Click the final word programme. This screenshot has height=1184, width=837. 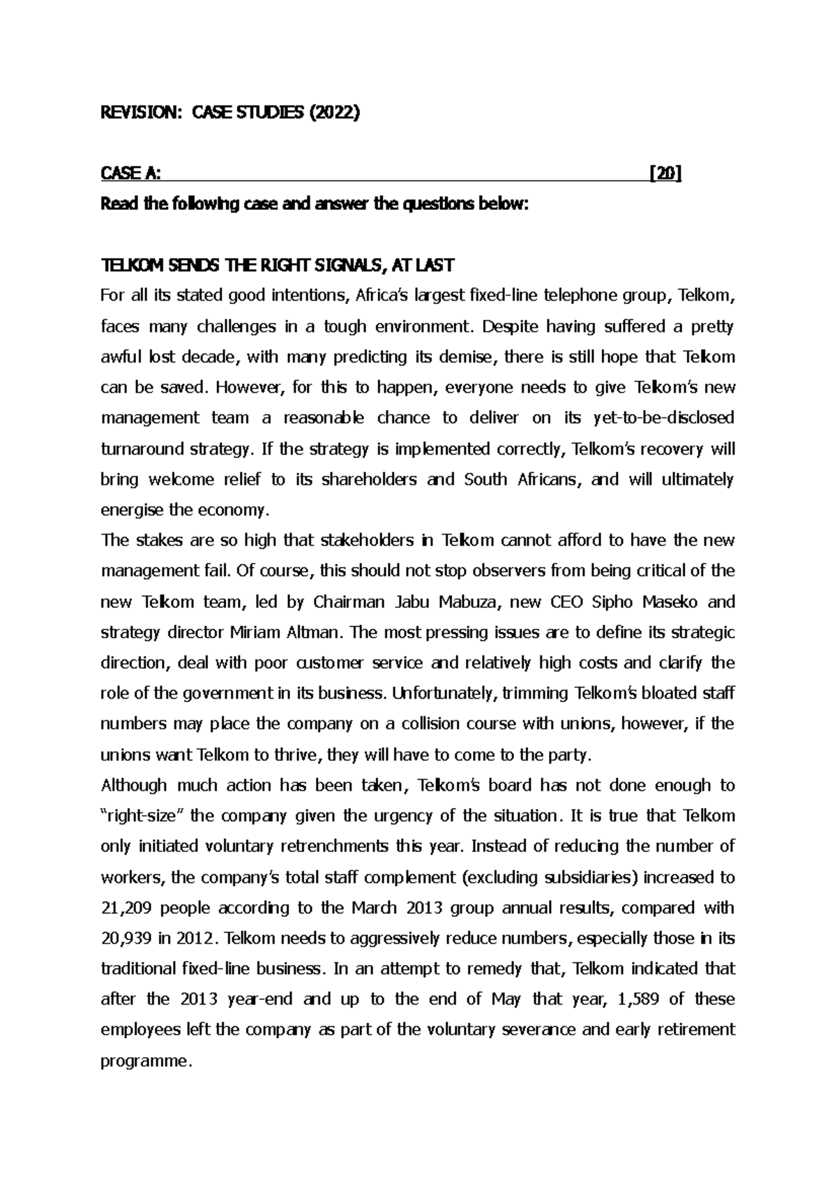click(145, 1061)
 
